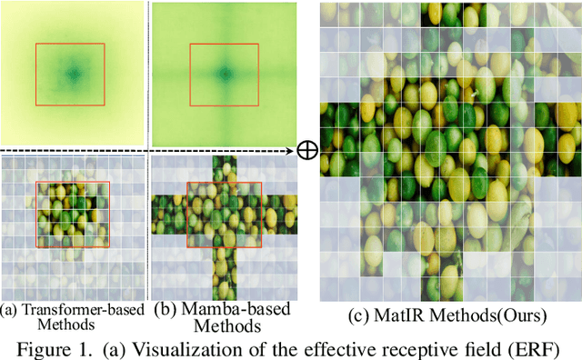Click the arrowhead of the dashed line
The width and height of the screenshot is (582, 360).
(298, 149)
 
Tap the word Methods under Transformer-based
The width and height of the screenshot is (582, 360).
(72, 325)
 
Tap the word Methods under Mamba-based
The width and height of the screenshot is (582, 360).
(221, 325)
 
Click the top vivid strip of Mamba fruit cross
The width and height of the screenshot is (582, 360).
(223, 167)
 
